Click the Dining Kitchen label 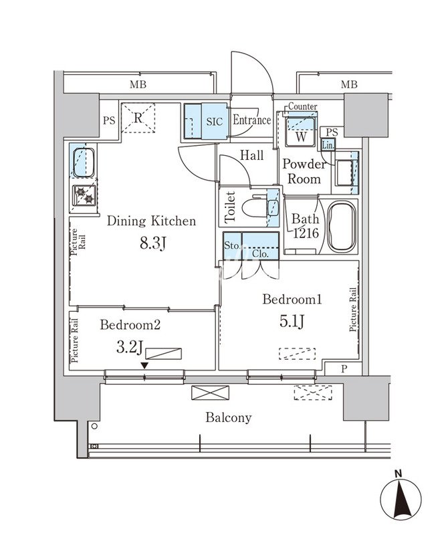pyautogui.click(x=152, y=221)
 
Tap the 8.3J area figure pyautogui.click(x=152, y=243)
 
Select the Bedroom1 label pyautogui.click(x=292, y=300)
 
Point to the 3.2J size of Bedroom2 pyautogui.click(x=129, y=348)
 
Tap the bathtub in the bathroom pyautogui.click(x=342, y=227)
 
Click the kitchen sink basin pyautogui.click(x=84, y=163)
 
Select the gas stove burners pyautogui.click(x=85, y=195)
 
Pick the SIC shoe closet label pyautogui.click(x=215, y=122)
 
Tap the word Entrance pyautogui.click(x=251, y=120)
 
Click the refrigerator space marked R pyautogui.click(x=138, y=118)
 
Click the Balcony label pyautogui.click(x=228, y=417)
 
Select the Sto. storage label pyautogui.click(x=232, y=245)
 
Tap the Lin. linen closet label pyautogui.click(x=328, y=145)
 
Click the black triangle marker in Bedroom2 pyautogui.click(x=144, y=365)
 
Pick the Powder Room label pyautogui.click(x=304, y=172)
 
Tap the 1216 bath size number pyautogui.click(x=306, y=233)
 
